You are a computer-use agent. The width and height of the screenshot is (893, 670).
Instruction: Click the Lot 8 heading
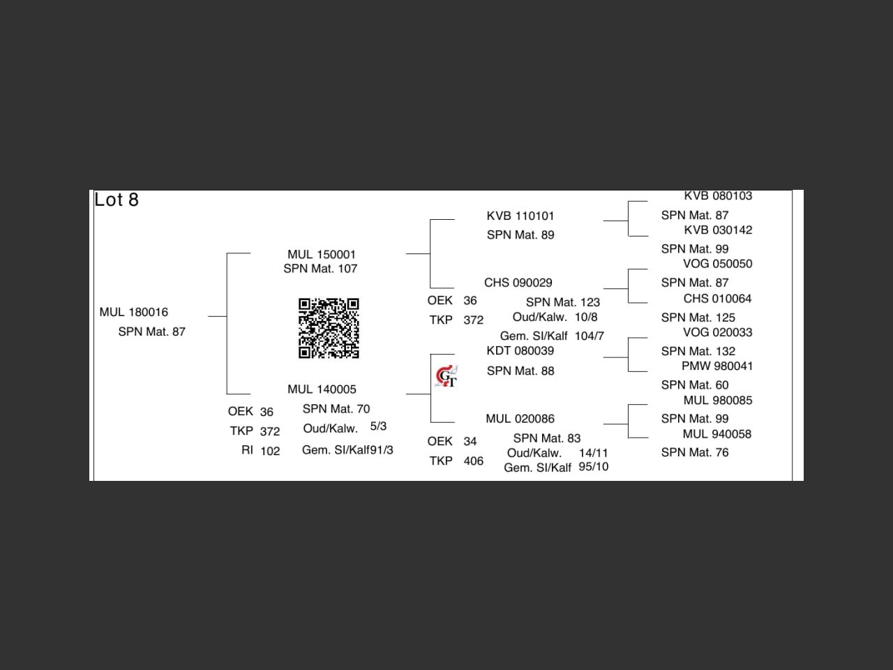click(x=117, y=200)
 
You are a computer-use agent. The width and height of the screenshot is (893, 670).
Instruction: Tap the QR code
click(x=329, y=328)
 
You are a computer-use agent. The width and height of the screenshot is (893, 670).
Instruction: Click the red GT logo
click(x=446, y=377)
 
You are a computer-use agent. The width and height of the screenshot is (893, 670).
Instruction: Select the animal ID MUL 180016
click(x=134, y=312)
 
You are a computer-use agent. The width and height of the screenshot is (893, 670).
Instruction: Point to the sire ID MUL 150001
click(x=322, y=255)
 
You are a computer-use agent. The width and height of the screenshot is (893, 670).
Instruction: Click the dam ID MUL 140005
click(x=322, y=389)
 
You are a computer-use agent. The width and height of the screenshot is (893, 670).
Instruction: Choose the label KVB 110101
click(x=520, y=216)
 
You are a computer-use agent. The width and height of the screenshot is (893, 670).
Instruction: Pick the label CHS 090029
click(x=518, y=283)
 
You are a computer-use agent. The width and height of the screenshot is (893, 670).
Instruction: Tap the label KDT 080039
click(x=520, y=350)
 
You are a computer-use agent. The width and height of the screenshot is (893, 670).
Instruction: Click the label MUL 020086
click(x=520, y=419)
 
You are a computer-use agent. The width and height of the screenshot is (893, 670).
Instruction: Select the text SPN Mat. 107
click(x=320, y=269)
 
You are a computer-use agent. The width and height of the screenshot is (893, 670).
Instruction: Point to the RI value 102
click(x=270, y=451)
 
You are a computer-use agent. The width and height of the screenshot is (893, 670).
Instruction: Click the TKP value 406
click(x=473, y=461)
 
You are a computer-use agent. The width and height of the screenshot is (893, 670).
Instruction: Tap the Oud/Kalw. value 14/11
click(x=593, y=453)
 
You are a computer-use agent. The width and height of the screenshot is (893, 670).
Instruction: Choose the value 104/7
click(x=590, y=336)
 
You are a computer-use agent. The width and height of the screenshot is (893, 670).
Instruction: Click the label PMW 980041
click(x=717, y=366)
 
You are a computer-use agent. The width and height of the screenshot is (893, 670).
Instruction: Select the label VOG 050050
click(x=717, y=264)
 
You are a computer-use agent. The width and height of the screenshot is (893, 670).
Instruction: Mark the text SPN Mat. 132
click(x=698, y=351)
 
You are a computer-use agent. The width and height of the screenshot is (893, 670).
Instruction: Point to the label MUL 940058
click(x=717, y=434)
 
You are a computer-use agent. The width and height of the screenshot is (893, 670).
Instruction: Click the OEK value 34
click(x=470, y=441)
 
